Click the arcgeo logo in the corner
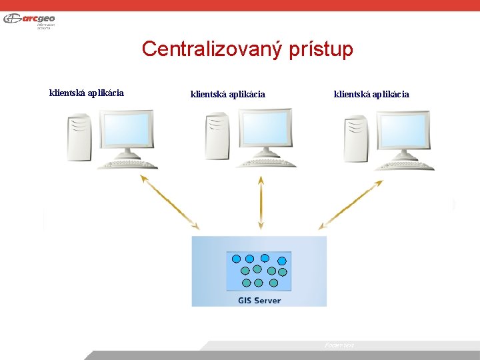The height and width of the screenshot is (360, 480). [x=29, y=19]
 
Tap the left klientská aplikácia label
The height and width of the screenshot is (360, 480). [x=87, y=93]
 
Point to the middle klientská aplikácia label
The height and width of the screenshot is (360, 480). [x=228, y=94]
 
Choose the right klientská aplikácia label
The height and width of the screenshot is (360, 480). [x=371, y=94]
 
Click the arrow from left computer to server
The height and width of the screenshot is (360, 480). [x=170, y=203]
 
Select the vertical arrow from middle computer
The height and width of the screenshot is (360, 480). [x=261, y=203]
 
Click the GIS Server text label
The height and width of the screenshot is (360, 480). [x=259, y=300]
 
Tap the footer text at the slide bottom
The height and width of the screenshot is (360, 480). [x=339, y=345]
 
